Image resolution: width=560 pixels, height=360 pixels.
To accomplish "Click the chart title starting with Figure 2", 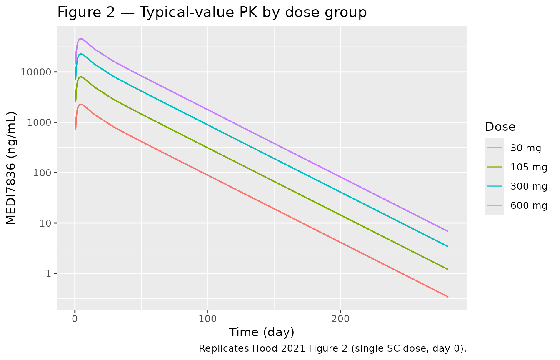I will click(x=212, y=12).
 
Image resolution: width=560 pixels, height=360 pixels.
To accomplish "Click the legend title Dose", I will click(x=500, y=127).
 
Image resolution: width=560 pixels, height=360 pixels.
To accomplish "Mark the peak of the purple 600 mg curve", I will click(x=80, y=39).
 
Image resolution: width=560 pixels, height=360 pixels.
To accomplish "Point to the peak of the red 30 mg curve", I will click(x=80, y=104).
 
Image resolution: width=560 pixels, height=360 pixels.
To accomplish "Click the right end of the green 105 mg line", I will click(x=448, y=269).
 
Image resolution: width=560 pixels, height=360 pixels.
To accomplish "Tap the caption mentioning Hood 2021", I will click(x=332, y=348).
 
